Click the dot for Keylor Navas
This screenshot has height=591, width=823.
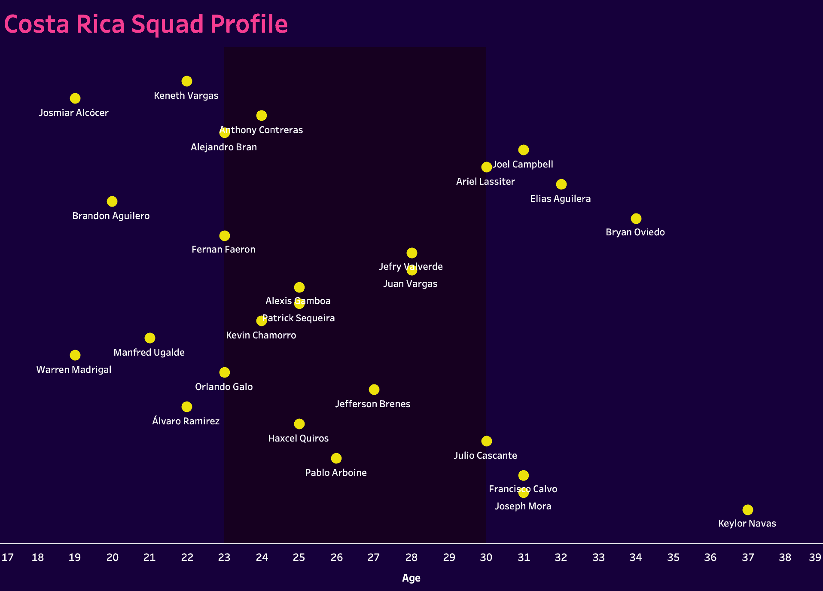pos(747,510)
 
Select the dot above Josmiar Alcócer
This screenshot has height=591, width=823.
pos(75,98)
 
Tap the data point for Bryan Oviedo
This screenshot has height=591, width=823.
pos(636,219)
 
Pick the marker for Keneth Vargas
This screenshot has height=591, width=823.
pos(186,81)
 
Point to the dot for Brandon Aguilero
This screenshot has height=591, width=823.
pos(112,201)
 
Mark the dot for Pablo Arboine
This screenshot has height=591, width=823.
pos(336,458)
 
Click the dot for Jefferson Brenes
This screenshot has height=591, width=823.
pos(374,390)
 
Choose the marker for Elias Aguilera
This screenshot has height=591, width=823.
pos(561,184)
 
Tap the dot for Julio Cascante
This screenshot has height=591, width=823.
pos(486,441)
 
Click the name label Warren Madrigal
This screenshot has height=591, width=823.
pos(74,370)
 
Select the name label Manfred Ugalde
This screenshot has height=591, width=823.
pos(149,353)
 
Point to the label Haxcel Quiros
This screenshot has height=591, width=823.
pos(298,439)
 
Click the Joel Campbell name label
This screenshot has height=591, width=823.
pos(523,165)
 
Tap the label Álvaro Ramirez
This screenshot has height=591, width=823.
pos(186,421)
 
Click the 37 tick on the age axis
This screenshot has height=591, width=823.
pos(748,557)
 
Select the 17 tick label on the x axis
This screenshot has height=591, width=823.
pos(8,557)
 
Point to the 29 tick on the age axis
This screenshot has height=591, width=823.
pos(449,557)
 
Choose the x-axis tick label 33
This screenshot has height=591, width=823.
pos(598,557)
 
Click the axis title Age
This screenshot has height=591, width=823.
pos(411,578)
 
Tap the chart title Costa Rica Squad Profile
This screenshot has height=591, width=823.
pos(146,24)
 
